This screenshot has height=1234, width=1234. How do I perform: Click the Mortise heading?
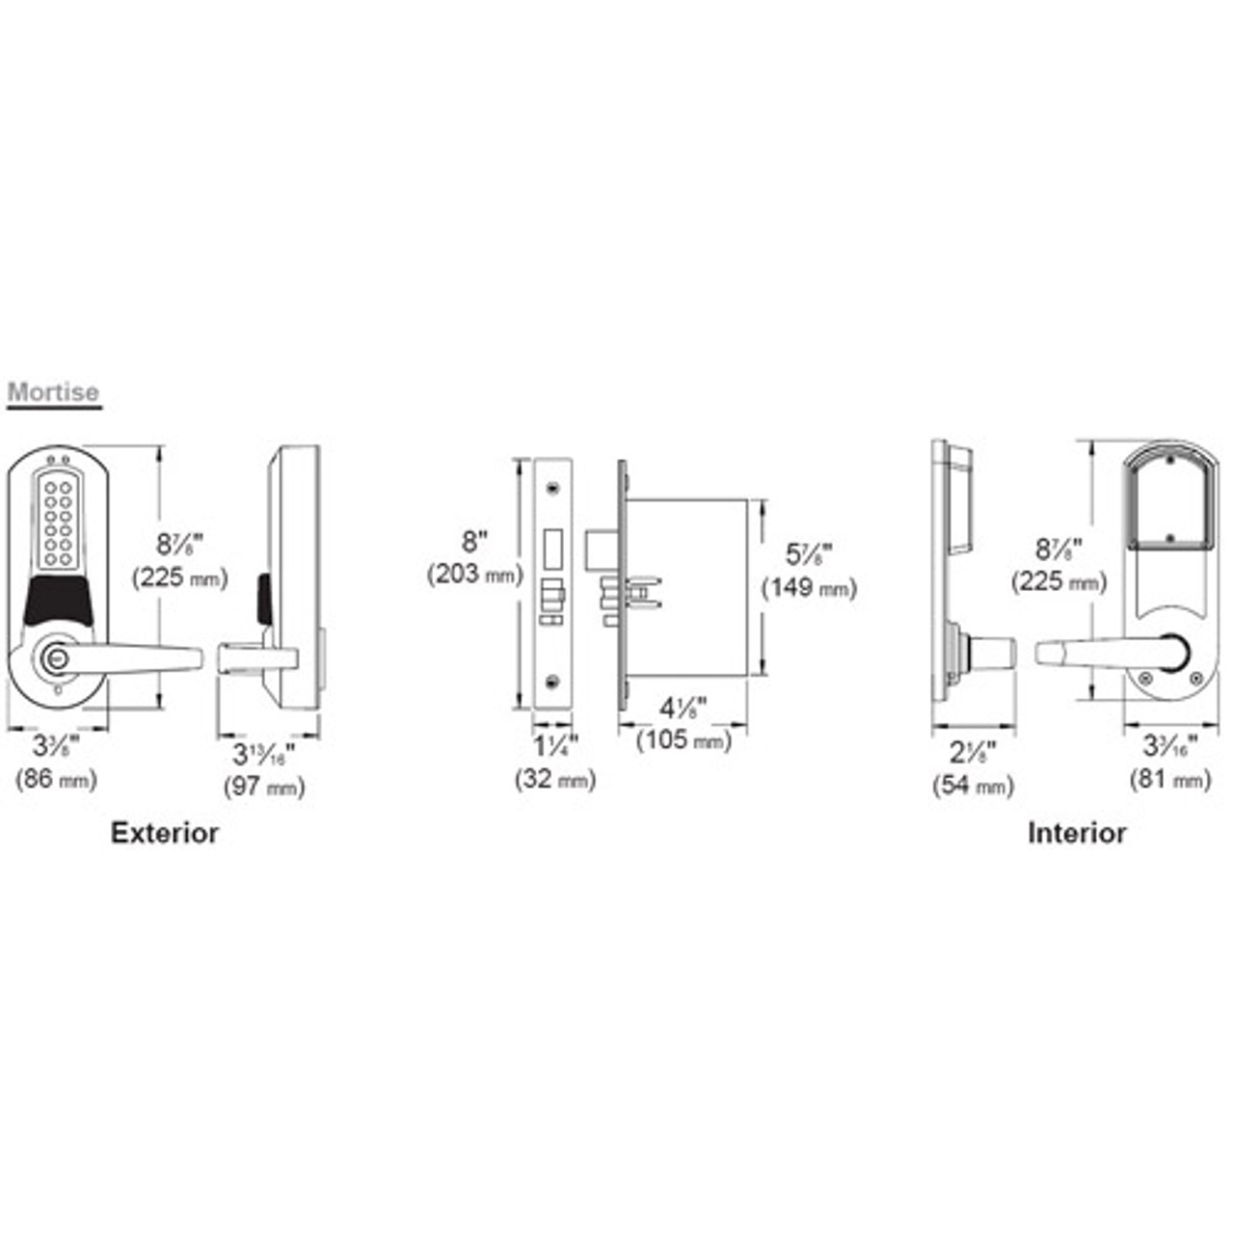click(x=53, y=392)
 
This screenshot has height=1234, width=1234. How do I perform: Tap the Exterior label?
click(x=164, y=833)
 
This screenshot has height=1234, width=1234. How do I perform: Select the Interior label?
click(x=1076, y=833)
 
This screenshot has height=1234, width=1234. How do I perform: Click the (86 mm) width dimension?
click(x=56, y=779)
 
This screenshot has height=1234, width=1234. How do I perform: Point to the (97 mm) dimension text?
click(x=264, y=786)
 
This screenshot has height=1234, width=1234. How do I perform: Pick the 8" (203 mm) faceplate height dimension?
click(x=474, y=559)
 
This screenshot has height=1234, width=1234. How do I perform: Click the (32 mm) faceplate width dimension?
click(x=555, y=779)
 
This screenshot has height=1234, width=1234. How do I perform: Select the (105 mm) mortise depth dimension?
click(x=684, y=740)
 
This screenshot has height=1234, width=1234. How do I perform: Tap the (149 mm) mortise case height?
click(x=809, y=587)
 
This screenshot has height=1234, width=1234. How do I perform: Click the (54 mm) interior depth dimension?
click(x=973, y=786)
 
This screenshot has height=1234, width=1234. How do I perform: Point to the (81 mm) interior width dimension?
click(x=1169, y=779)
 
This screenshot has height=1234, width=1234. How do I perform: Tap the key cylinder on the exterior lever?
click(x=53, y=658)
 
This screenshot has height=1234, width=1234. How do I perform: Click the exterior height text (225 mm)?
click(x=179, y=577)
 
